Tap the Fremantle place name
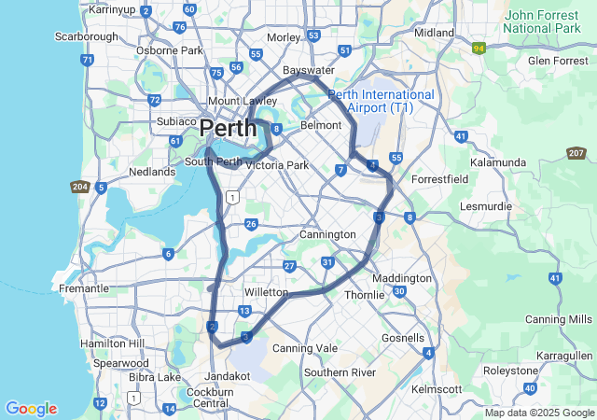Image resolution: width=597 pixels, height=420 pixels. point(84,288)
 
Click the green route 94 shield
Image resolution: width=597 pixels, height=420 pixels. point(479,48)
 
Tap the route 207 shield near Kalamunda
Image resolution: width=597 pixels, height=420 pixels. point(576,153)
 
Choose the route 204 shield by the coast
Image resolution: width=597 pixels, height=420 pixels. point(80,187)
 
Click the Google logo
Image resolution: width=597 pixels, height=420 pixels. point(31,409)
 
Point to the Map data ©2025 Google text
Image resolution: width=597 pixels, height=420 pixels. point(538,413)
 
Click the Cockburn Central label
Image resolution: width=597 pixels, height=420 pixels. point(210,397)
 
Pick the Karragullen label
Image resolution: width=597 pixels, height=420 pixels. point(565,356)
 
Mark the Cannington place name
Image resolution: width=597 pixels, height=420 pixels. point(327,234)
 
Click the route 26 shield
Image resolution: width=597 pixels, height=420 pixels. point(251,224)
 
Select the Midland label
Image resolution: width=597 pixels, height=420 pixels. point(434,32)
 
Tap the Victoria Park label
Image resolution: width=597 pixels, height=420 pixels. point(276,165)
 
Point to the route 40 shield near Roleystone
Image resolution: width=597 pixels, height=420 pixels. point(530,387)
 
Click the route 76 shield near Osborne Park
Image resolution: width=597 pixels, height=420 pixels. point(179,27)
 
